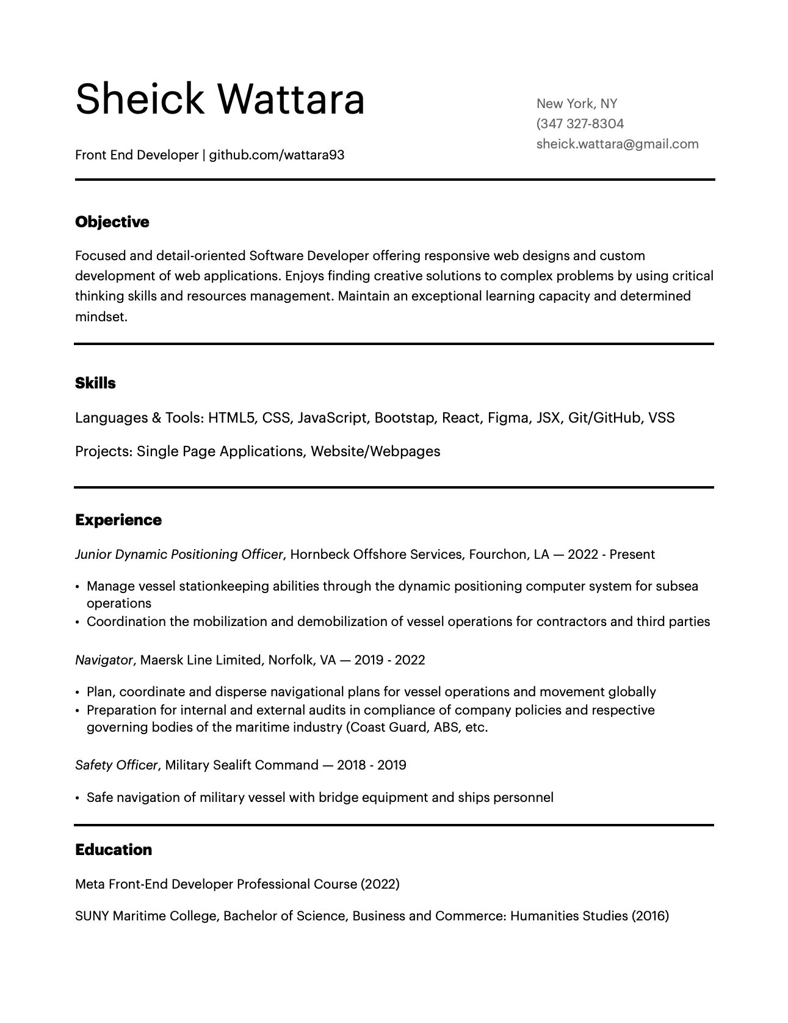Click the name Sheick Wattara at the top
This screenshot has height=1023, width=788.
[220, 99]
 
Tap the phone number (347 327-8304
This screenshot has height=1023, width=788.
[580, 124]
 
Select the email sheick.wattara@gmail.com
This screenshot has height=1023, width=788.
[617, 144]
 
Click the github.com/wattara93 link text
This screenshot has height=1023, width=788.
[277, 155]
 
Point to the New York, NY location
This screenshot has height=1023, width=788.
[576, 104]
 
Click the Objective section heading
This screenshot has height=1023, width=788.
[112, 222]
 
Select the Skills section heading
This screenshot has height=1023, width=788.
[95, 383]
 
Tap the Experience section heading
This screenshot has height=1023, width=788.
[118, 520]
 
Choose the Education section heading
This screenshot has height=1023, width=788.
[114, 850]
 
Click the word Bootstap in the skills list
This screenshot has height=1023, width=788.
[403, 418]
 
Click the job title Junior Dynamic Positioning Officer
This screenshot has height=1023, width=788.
[179, 555]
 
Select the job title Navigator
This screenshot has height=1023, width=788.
[104, 660]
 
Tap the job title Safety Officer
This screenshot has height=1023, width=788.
[116, 765]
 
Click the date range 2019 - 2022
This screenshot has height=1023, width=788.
[389, 660]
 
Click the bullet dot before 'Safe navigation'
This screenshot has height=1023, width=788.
[78, 798]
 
